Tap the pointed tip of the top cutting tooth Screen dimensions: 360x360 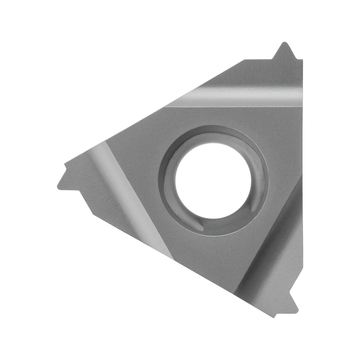pyautogui.click(x=284, y=43)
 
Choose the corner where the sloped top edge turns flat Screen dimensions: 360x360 pyautogui.click(x=244, y=60)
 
